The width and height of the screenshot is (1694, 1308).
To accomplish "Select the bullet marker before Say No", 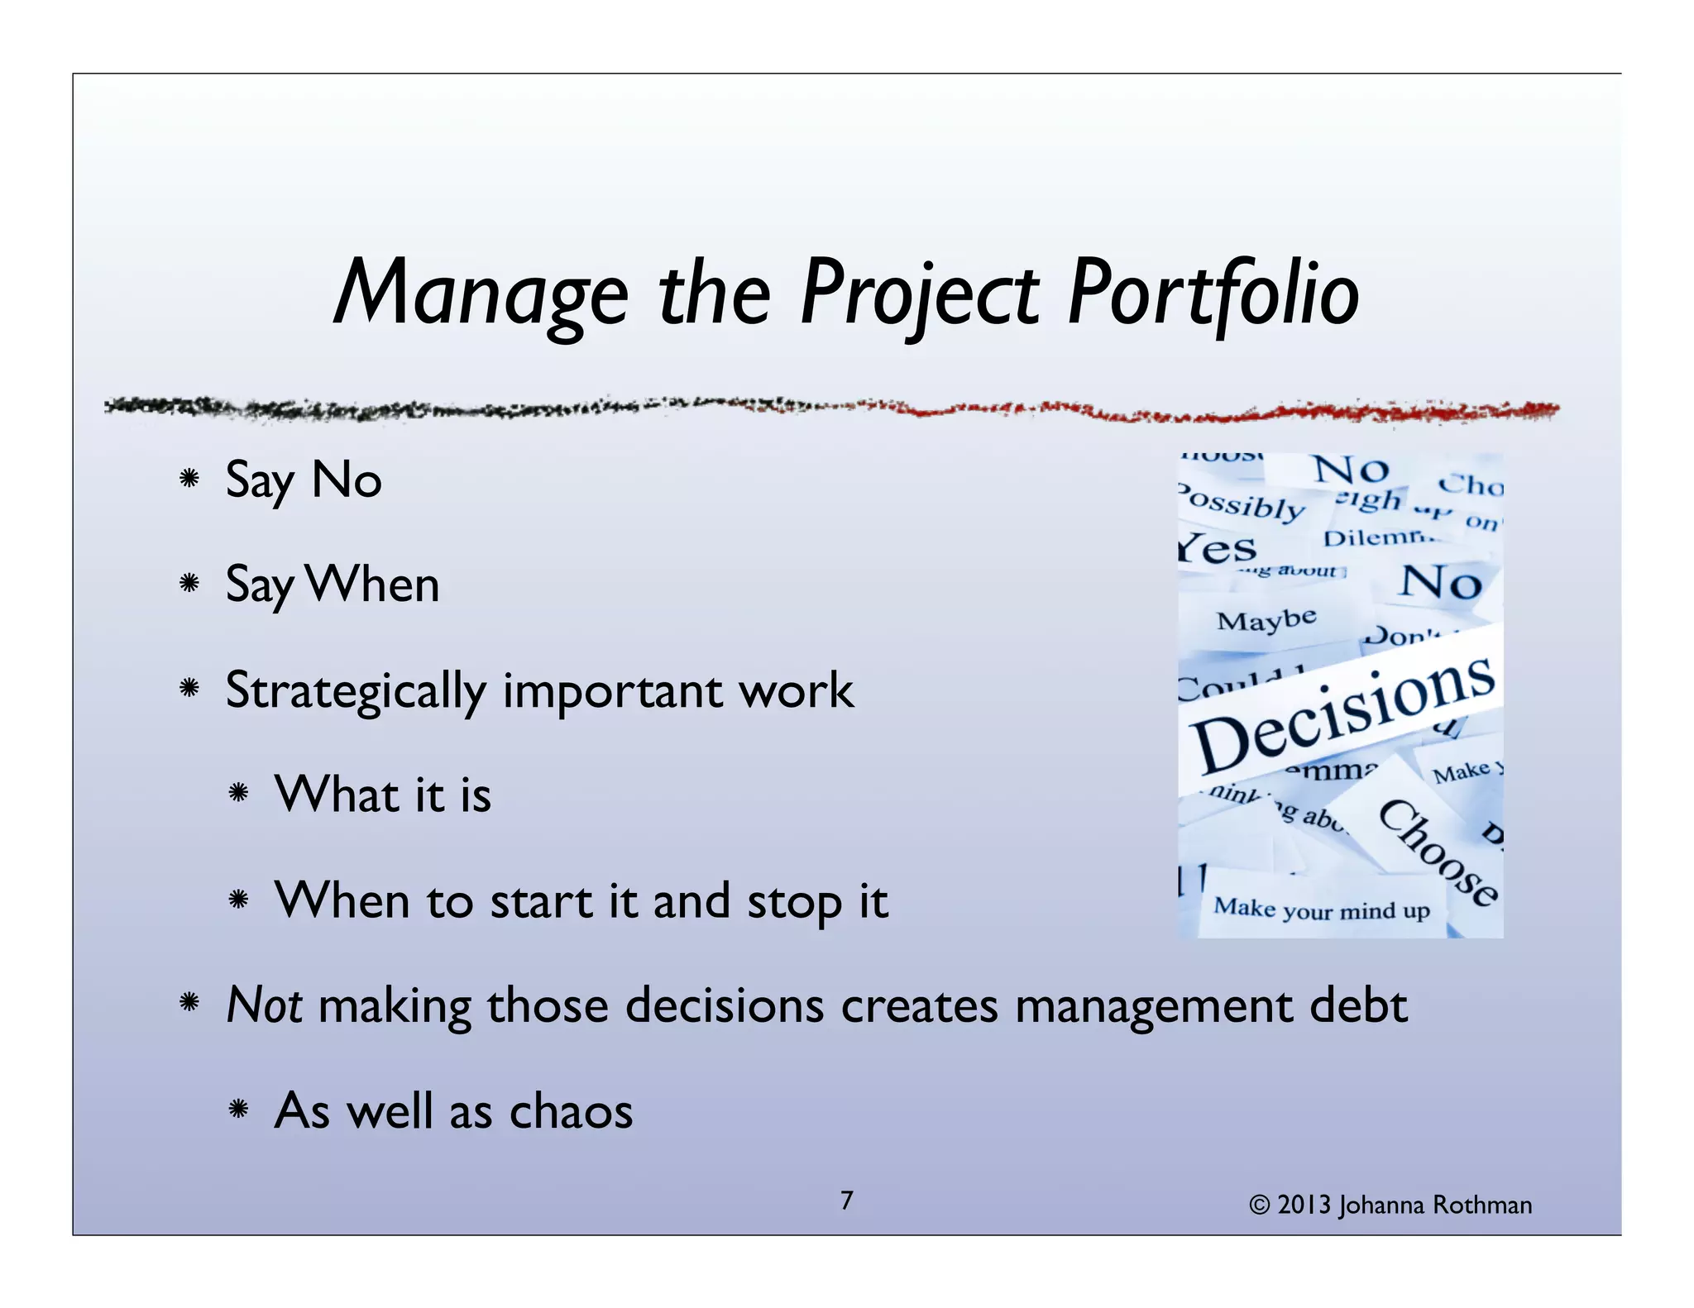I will [x=189, y=479].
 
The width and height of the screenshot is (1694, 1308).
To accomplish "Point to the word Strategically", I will [x=356, y=691].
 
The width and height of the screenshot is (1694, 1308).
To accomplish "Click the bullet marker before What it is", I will [x=238, y=795].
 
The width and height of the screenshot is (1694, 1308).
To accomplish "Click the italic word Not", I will [x=263, y=1005].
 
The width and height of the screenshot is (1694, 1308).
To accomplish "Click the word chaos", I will [x=571, y=1111].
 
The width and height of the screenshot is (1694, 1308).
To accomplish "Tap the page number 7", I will [x=846, y=1201].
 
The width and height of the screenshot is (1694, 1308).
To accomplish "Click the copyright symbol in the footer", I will [x=1259, y=1205].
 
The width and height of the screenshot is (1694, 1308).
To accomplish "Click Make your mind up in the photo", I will [x=1321, y=909].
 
